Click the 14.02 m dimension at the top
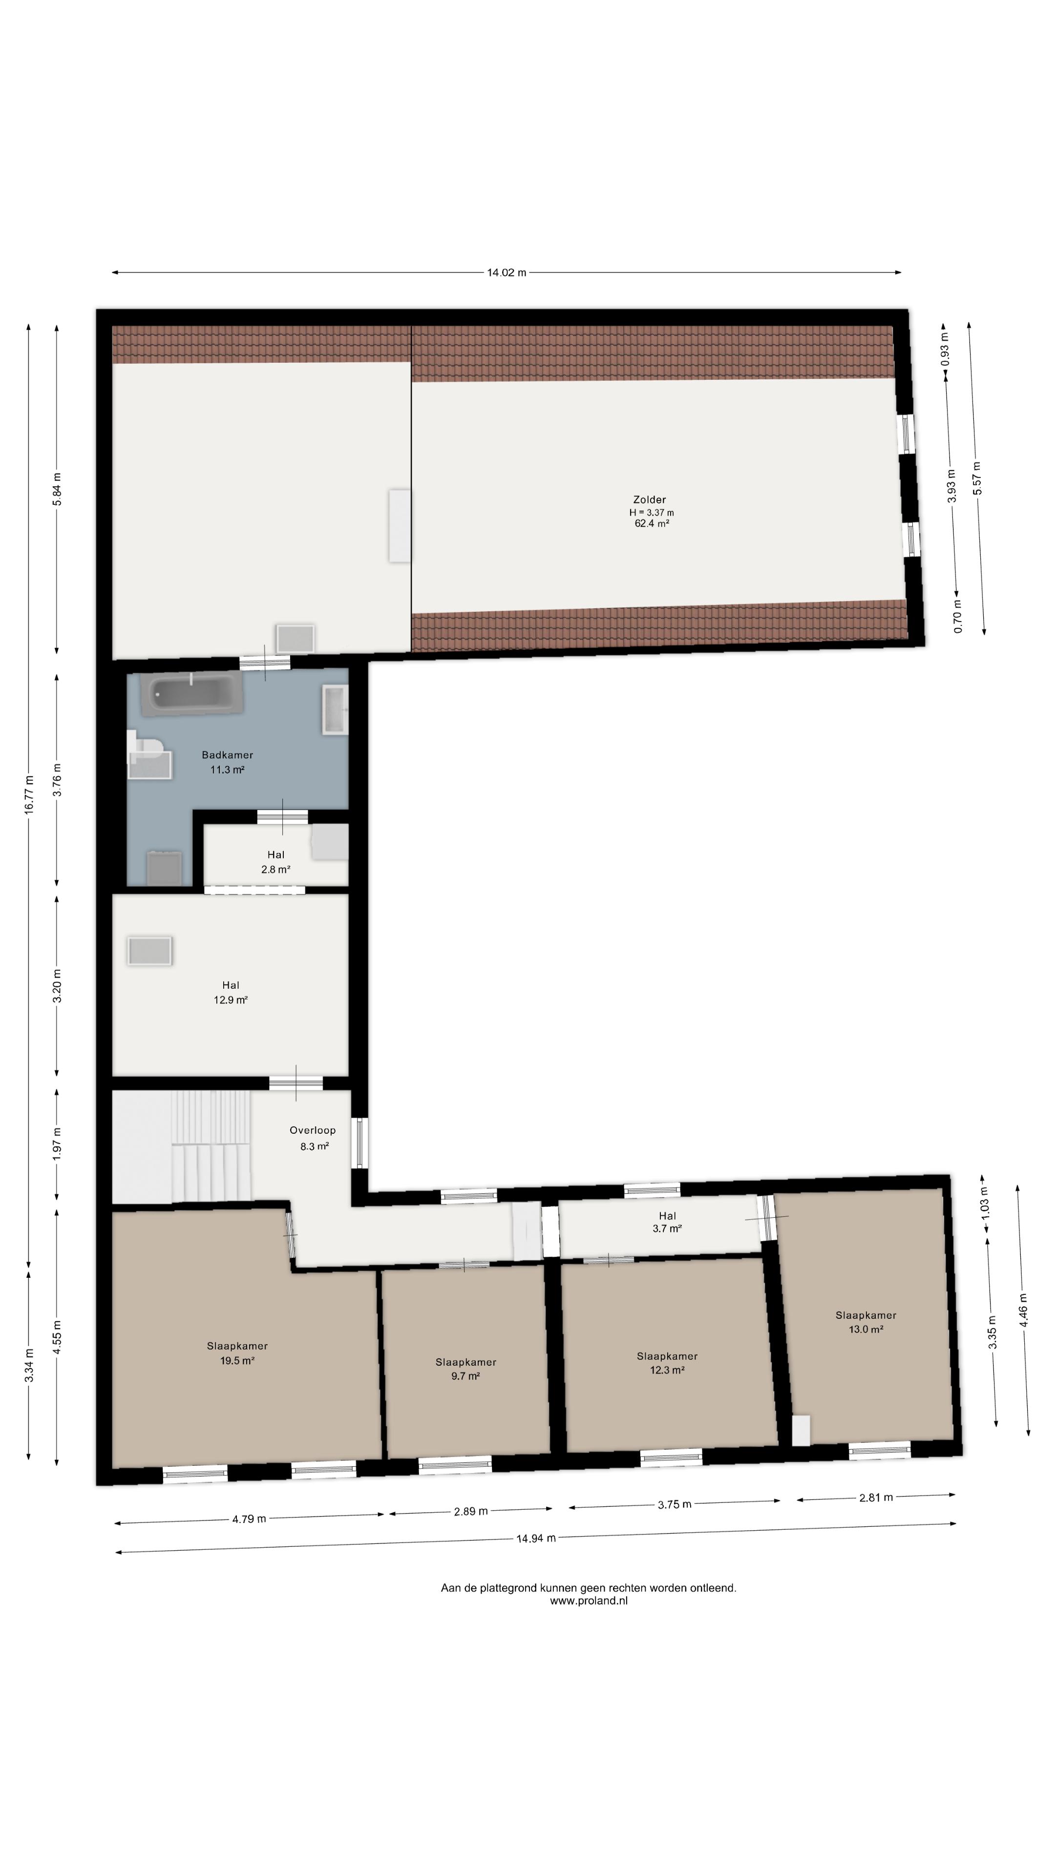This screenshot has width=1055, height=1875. point(506,273)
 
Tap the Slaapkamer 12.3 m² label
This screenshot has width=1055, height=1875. point(667,1363)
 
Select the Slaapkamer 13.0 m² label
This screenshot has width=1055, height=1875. point(865,1322)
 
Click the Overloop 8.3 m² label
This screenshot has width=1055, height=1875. point(313,1138)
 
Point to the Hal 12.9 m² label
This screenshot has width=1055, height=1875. point(231,992)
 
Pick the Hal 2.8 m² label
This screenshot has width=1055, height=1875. point(276,862)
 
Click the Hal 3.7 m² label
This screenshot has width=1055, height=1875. point(667,1221)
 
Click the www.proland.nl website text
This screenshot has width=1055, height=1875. point(588,1601)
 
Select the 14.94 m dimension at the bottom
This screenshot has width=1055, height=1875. point(536,1538)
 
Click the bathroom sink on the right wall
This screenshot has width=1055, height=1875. point(335,709)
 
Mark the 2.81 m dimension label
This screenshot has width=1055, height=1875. point(876,1497)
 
